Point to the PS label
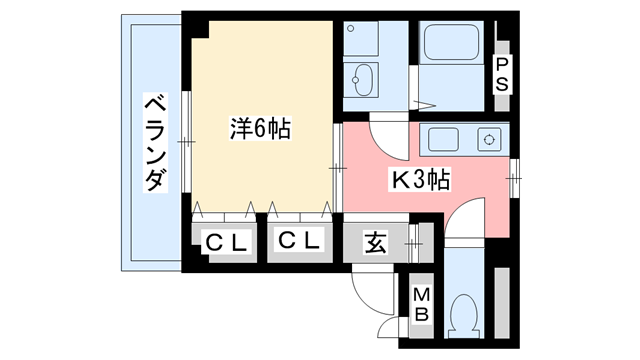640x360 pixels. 502,74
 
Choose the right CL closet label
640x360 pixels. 297,242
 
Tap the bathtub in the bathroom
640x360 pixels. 454,45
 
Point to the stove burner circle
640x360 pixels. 490,138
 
